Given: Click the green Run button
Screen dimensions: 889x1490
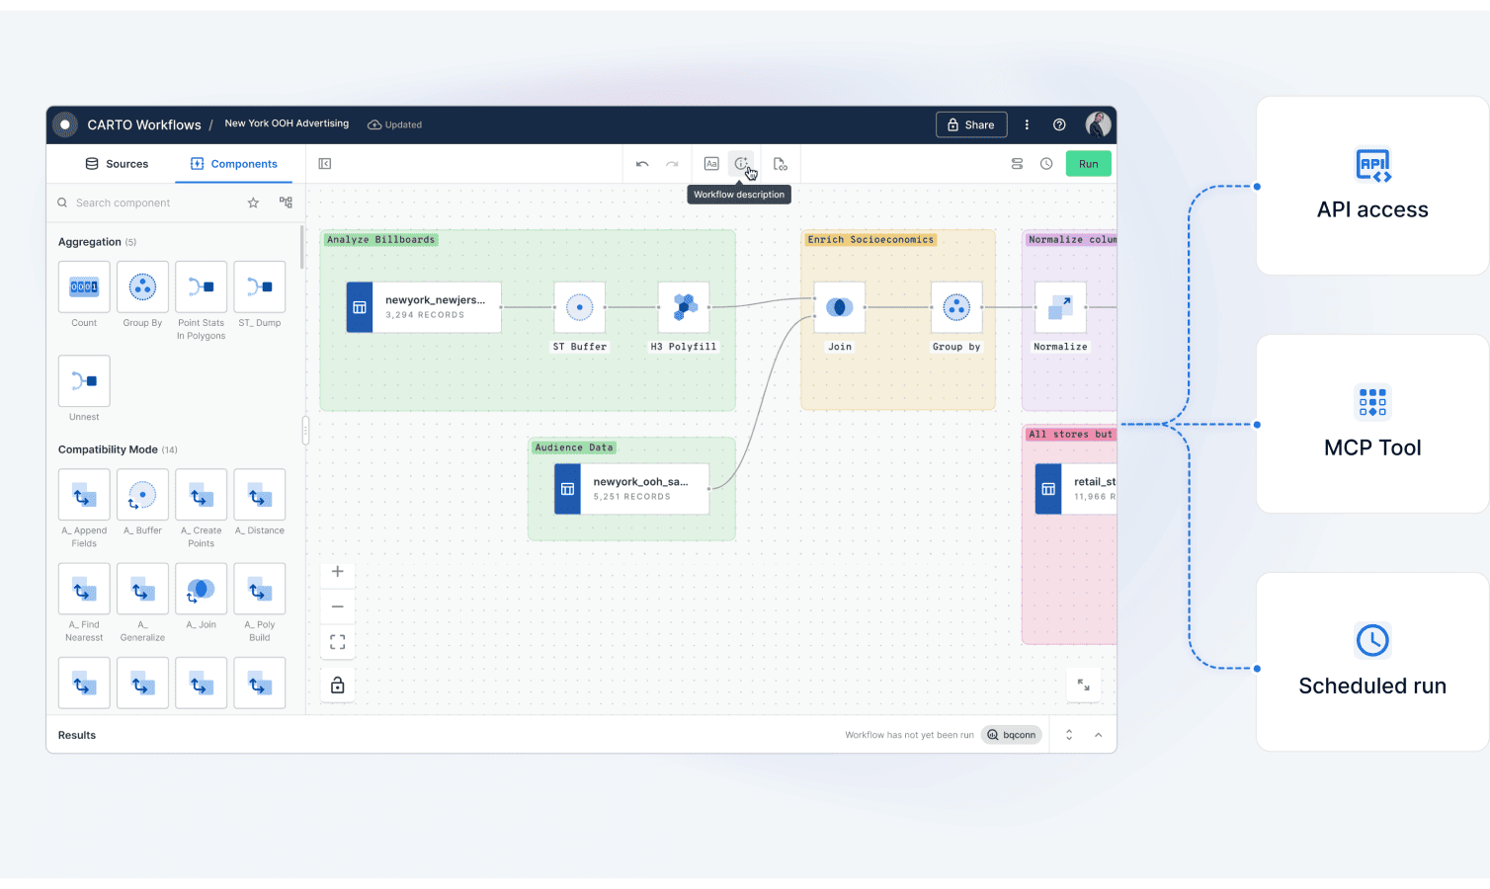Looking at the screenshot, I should tap(1088, 164).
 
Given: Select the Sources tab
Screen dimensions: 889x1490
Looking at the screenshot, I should tap(117, 164).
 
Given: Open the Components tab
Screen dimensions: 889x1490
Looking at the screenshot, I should tap(234, 164).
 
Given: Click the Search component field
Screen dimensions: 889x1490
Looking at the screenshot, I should tap(148, 202).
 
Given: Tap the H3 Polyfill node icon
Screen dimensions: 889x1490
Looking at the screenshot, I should tap(684, 307).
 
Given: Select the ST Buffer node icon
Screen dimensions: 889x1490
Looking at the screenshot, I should tap(579, 307).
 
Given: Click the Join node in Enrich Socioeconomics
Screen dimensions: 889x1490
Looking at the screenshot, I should tap(839, 307).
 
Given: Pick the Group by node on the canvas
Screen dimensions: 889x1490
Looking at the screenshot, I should tap(955, 307).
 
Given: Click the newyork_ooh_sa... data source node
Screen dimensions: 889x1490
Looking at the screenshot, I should tap(632, 489).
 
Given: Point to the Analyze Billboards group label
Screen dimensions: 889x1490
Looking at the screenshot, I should tap(380, 240).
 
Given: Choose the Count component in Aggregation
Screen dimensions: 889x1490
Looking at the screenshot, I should tap(84, 287).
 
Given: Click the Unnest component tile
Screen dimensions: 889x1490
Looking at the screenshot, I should tap(84, 381).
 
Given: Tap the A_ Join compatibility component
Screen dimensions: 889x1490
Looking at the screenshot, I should tap(201, 590).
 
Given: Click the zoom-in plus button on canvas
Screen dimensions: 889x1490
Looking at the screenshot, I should tap(338, 572).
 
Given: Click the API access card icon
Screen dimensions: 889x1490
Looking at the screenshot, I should tap(1372, 165).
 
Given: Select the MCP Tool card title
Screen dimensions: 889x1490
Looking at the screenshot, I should tap(1372, 448).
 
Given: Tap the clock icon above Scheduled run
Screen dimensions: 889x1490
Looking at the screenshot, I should tap(1372, 641).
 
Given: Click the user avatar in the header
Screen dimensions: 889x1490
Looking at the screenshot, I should tap(1098, 124).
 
